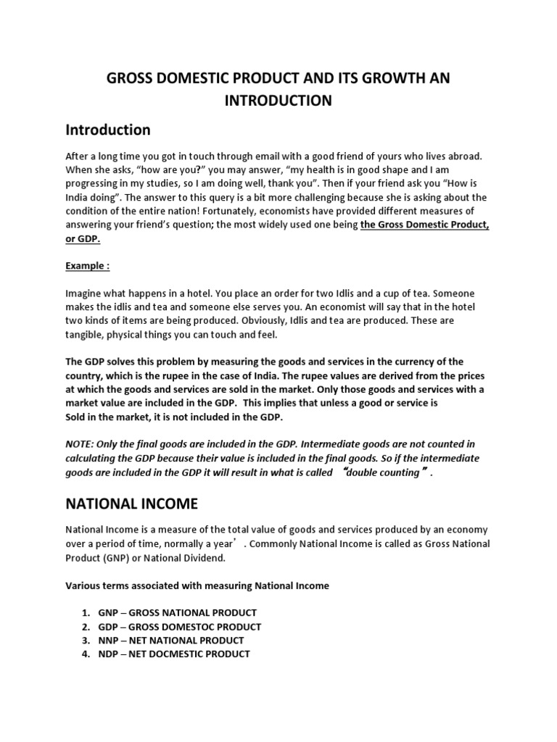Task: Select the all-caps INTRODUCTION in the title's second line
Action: pos(278,101)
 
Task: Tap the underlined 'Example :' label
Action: pos(88,265)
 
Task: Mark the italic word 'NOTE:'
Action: pos(82,443)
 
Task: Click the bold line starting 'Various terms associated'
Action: pos(197,585)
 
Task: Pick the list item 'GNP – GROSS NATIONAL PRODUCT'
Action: pos(177,612)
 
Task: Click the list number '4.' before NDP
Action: pos(86,654)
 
